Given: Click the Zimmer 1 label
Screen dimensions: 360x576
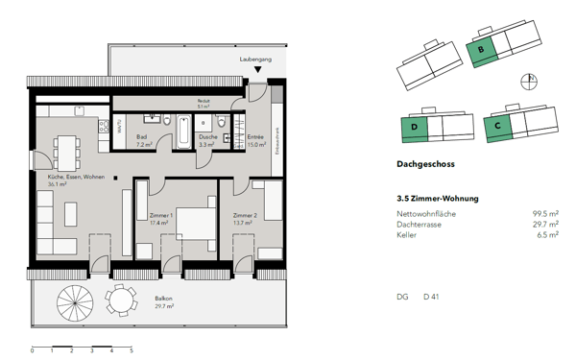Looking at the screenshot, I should (161, 219).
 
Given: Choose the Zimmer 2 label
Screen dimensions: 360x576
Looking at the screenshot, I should (244, 219).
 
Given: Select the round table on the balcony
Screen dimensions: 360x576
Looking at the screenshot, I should (121, 301).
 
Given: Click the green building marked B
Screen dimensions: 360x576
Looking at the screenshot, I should (479, 48).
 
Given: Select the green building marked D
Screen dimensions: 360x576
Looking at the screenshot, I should (414, 128).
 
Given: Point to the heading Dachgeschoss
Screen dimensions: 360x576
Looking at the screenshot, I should (424, 164).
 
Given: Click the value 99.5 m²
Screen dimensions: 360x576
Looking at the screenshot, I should (545, 213).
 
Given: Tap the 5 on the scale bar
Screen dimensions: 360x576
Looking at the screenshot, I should (132, 351).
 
